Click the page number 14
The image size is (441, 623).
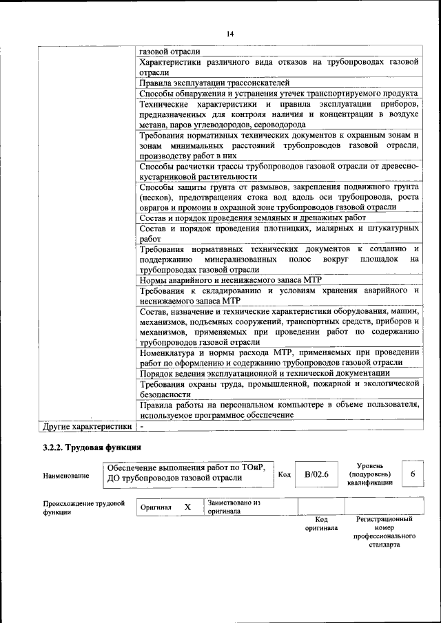(230, 34)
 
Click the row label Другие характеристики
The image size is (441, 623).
(87, 427)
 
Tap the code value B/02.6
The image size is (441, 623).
(317, 474)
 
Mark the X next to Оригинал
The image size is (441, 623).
(187, 507)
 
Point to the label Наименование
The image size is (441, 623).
(65, 475)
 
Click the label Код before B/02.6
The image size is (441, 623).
(284, 474)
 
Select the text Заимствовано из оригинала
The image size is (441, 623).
(234, 507)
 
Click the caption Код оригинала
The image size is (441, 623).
(321, 524)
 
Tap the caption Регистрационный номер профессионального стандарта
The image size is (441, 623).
(384, 531)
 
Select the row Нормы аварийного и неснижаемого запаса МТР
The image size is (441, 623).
(230, 280)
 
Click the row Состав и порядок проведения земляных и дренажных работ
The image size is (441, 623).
(252, 218)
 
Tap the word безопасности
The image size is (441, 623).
(165, 395)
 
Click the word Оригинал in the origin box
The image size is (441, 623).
(156, 507)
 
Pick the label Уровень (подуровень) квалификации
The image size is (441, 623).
(370, 474)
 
